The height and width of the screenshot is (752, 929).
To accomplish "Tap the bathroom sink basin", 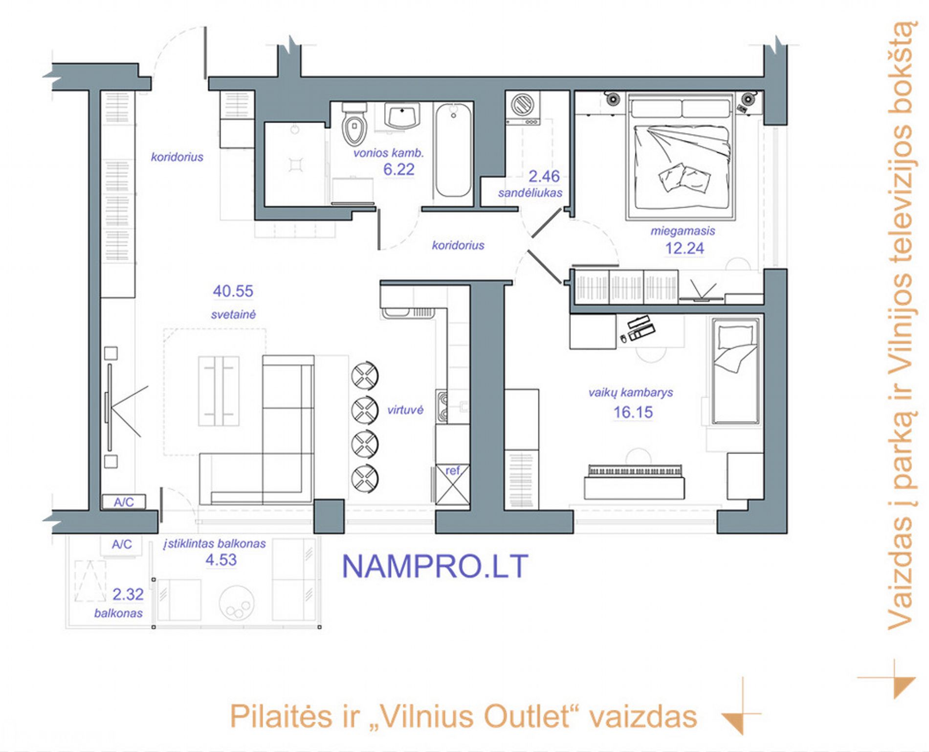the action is (402, 116).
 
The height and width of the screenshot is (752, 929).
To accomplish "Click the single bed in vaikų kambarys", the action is (735, 371).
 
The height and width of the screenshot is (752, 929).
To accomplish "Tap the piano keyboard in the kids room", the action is (635, 470).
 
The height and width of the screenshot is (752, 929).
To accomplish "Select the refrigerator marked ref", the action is (452, 484).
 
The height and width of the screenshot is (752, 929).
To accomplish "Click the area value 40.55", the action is (233, 291).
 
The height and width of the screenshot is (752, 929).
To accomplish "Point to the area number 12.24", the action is (685, 248).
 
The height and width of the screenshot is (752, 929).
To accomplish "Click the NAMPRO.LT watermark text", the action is (435, 566).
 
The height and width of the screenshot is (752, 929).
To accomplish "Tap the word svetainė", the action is (233, 315).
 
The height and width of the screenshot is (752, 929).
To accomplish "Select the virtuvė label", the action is (405, 410).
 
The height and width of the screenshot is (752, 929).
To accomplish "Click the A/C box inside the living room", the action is (124, 502).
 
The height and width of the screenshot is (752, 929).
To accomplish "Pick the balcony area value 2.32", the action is (128, 594).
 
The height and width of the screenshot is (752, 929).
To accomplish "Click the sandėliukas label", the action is (531, 193).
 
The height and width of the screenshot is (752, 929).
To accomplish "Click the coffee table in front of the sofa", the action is (219, 391).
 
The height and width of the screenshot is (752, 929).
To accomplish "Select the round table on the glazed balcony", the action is (237, 604).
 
